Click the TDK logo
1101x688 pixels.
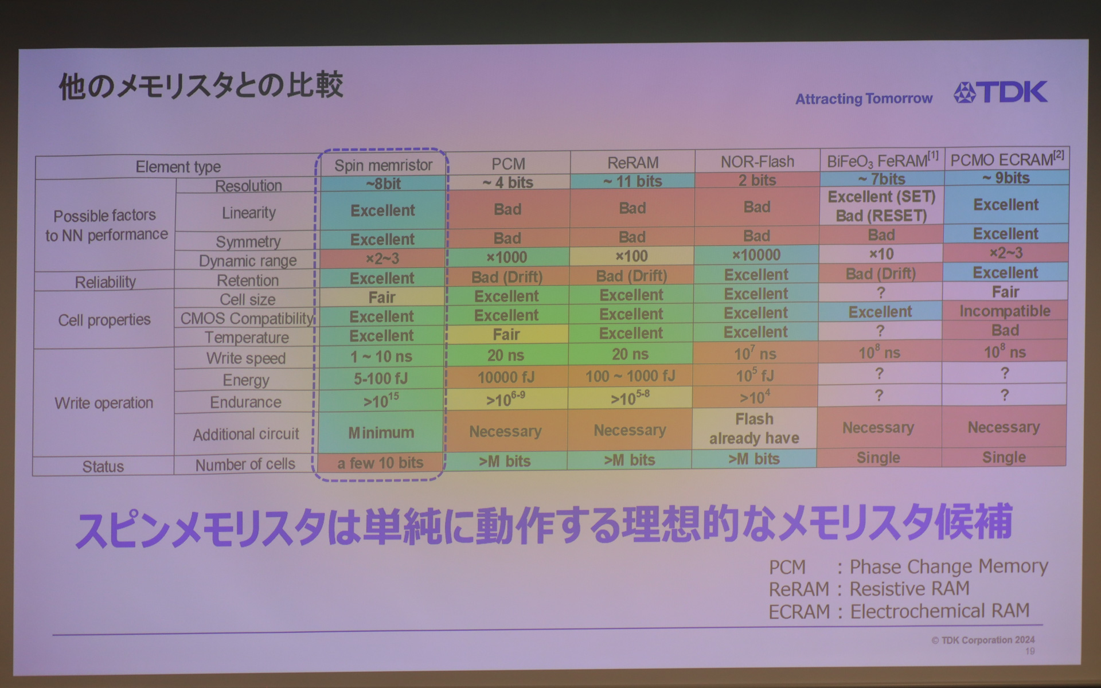coord(1001,92)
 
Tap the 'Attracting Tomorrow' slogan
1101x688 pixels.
coord(864,99)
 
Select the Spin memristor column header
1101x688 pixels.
coord(383,165)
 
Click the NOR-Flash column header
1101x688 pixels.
coord(757,162)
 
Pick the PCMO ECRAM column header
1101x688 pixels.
coord(1007,159)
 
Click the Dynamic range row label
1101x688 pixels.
coord(248,261)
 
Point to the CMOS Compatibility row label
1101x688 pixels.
coord(247,318)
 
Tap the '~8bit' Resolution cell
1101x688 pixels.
coord(383,183)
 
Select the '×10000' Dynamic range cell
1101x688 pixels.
coord(756,255)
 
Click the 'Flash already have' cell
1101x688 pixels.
coord(754,428)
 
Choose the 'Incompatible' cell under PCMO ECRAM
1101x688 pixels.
coord(1005,311)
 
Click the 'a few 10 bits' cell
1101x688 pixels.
coord(380,463)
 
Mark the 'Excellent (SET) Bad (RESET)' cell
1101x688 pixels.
coord(881,206)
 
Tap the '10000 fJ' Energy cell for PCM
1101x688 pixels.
coord(506,377)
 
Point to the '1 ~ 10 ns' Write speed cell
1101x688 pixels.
coord(381,357)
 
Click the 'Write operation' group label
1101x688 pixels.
coord(104,403)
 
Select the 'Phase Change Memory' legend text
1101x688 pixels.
coord(948,566)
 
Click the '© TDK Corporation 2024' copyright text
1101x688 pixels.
coord(983,640)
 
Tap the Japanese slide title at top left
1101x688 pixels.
coord(201,86)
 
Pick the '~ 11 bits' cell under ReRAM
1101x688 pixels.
coord(633,181)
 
